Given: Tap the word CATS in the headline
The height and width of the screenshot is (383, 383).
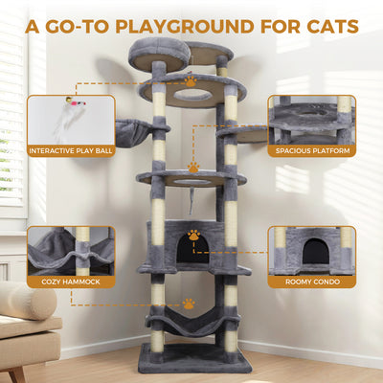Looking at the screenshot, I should click(329, 25).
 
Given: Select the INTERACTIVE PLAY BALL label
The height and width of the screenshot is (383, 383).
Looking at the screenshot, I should click(70, 150).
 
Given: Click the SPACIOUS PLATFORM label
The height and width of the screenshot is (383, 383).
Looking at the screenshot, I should click(311, 150).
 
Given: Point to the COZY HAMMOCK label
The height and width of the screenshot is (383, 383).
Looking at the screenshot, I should click(70, 282).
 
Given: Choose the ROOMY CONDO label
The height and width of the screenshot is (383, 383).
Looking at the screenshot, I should click(311, 282).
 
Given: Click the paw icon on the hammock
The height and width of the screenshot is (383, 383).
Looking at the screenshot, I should click(190, 304).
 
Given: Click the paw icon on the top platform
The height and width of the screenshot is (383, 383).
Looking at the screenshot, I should click(191, 82).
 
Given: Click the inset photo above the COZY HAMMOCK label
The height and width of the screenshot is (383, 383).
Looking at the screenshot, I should click(70, 250).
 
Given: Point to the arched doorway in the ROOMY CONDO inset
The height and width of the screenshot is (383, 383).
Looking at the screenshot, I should click(313, 252).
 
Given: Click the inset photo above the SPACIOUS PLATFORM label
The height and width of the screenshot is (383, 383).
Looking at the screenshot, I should click(311, 119).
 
